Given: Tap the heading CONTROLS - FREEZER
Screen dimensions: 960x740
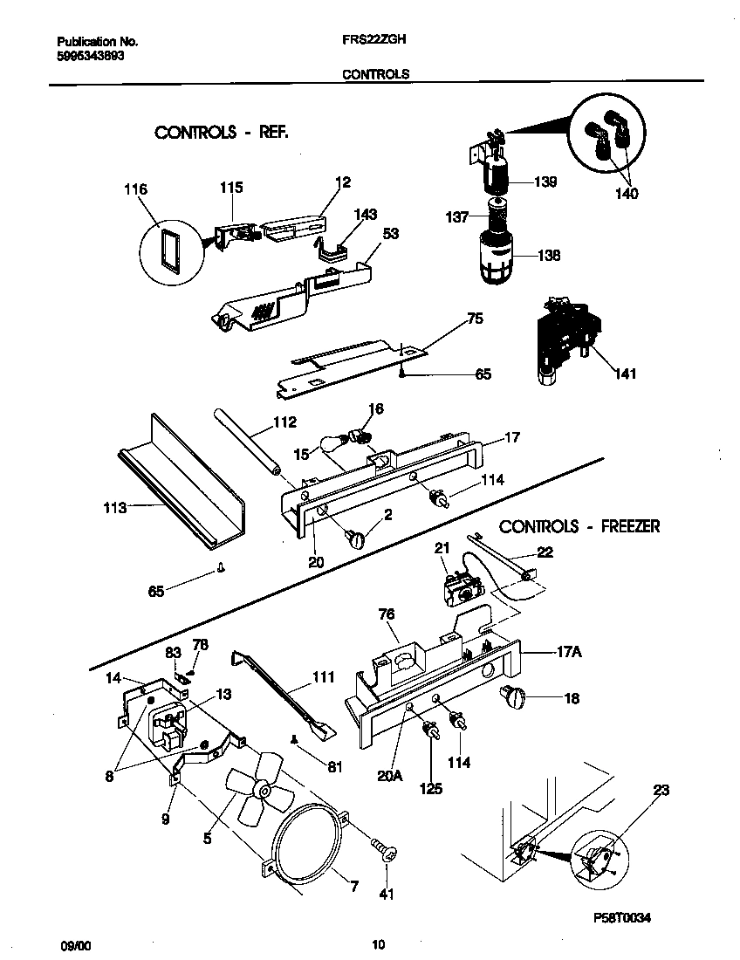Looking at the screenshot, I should point(579,526).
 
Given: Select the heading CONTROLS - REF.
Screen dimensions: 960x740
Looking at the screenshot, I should point(221,133).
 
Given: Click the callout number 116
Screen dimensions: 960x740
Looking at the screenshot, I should point(136,189).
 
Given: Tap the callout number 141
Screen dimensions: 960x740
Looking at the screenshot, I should point(625,374).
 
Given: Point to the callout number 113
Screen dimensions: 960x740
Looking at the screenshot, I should point(114,507).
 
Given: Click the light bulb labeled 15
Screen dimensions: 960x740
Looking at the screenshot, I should point(333,446).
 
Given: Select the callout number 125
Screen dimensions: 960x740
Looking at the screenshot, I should point(430,788).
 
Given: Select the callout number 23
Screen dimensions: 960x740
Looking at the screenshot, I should point(661,792).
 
